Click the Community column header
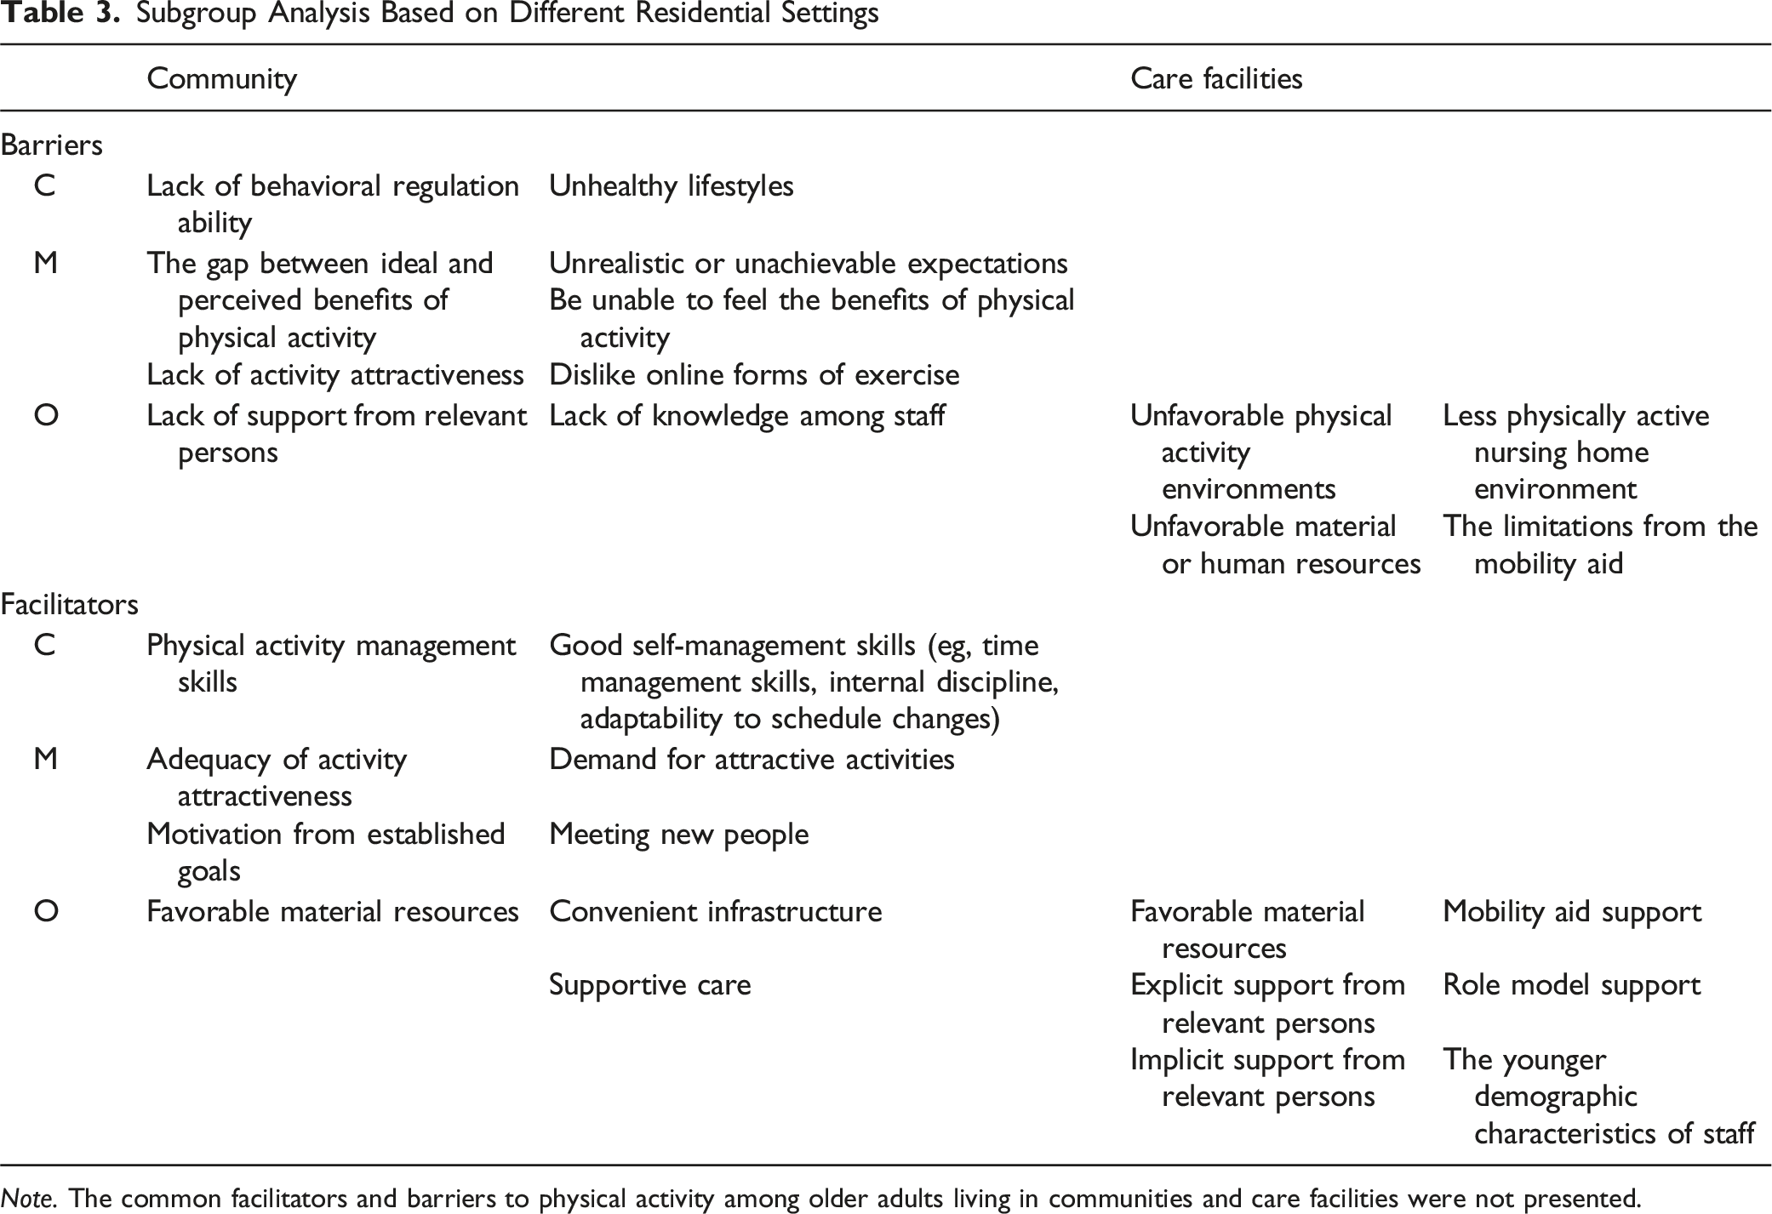click(x=221, y=79)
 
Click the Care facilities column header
click(x=1215, y=79)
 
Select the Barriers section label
click(x=51, y=145)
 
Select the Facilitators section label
click(x=69, y=605)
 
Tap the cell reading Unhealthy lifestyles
click(x=671, y=186)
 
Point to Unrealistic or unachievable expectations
click(x=808, y=264)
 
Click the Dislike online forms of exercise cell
click(x=753, y=375)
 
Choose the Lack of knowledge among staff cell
click(x=746, y=416)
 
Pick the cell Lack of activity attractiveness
click(x=334, y=375)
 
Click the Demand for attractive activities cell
click(x=752, y=760)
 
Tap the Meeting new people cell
click(x=678, y=835)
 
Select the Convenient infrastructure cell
click(x=715, y=912)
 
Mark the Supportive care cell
click(x=649, y=985)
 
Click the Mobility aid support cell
click(x=1571, y=912)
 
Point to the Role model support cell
click(x=1571, y=985)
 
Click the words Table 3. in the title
click(x=60, y=14)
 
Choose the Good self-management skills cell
click(x=803, y=681)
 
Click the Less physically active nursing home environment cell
click(x=1575, y=452)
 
